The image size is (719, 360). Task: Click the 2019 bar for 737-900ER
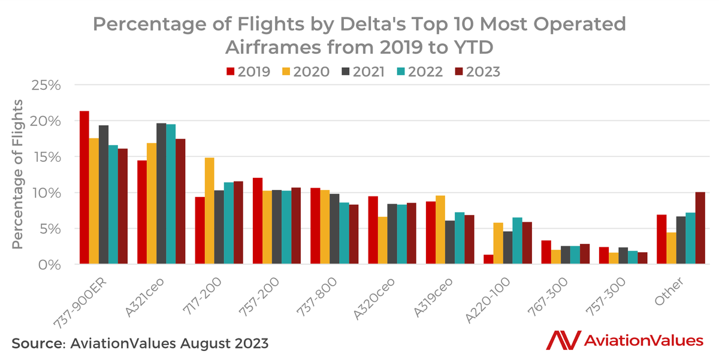click(84, 187)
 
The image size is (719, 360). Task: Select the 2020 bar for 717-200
click(209, 211)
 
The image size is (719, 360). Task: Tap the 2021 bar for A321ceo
click(161, 193)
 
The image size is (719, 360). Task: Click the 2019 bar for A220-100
click(488, 259)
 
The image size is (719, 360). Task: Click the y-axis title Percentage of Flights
click(19, 173)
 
